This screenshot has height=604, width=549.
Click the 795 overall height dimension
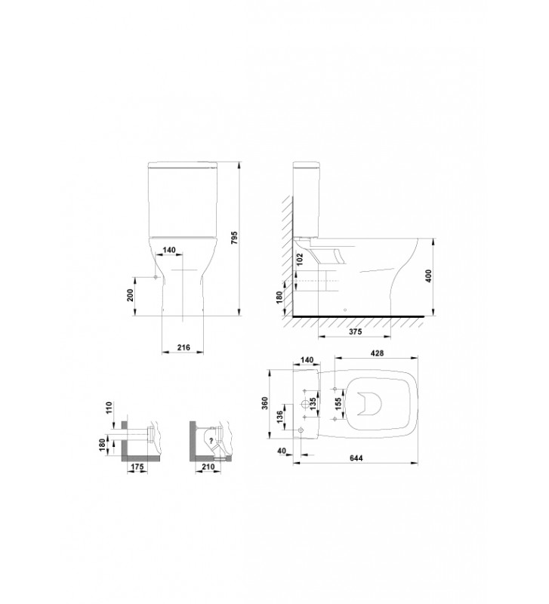(235, 238)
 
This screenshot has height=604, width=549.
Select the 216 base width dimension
(184, 347)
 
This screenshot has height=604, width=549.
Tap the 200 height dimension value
(130, 295)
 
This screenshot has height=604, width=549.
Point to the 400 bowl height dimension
(428, 276)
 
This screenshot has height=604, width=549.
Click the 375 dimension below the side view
(355, 331)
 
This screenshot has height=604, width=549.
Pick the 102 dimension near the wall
(301, 259)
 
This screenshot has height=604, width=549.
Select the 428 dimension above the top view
(377, 353)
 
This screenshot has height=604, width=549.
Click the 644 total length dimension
(356, 458)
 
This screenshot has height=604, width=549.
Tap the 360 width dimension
(265, 403)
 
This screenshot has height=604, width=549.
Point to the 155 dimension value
(338, 404)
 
